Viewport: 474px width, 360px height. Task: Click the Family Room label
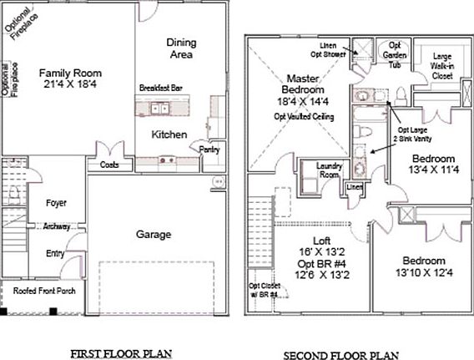pyautogui.click(x=69, y=73)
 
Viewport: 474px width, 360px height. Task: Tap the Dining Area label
pyautogui.click(x=180, y=48)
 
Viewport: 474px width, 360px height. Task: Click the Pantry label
pyautogui.click(x=208, y=149)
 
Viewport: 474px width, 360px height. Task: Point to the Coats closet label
pyautogui.click(x=109, y=165)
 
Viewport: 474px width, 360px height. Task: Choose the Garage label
pyautogui.click(x=154, y=235)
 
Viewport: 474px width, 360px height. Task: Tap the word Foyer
pyautogui.click(x=57, y=203)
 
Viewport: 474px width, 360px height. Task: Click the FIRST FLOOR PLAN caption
pyautogui.click(x=121, y=353)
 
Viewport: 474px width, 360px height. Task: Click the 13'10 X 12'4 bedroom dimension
pyautogui.click(x=422, y=272)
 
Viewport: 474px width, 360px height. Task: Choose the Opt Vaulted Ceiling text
pyautogui.click(x=305, y=116)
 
